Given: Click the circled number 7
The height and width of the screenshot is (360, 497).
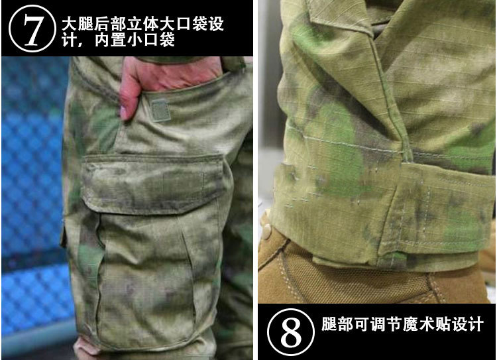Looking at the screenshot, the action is pos(32,29).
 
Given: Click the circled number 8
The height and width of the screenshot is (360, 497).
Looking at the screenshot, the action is pos(291,332).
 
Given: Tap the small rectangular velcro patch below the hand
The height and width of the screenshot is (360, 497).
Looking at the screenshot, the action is pos(160,110).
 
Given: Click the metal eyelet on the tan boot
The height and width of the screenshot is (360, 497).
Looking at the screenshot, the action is pos(267,228).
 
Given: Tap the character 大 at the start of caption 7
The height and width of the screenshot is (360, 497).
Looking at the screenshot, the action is pos(70,25).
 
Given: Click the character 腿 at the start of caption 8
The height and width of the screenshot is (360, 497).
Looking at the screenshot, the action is pos(329,324).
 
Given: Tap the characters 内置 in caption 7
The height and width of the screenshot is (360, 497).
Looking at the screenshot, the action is pos(110,40).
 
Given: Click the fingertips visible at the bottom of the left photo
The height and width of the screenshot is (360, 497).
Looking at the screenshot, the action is pos(86,347).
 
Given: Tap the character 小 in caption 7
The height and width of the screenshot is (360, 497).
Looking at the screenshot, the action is pos(135,40).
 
